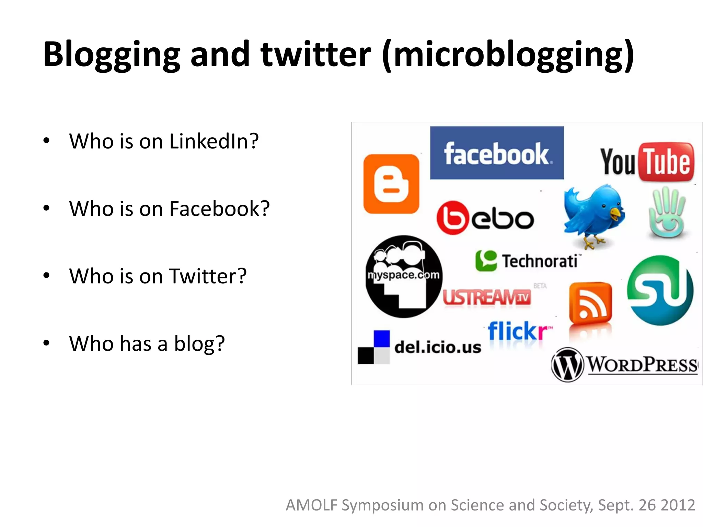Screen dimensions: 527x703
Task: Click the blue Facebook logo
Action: coord(497,153)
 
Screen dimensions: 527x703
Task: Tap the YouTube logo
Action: coord(647,162)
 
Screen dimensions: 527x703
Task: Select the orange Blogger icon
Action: coord(391,184)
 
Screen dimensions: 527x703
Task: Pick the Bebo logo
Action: coord(485,218)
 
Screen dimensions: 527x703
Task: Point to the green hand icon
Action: coord(667,213)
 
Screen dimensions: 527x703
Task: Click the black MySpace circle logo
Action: coord(404,277)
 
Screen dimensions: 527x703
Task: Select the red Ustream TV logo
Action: coord(487,297)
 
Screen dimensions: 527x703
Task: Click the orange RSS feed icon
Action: coord(590,303)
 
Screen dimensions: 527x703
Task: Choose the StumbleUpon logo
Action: coord(660,290)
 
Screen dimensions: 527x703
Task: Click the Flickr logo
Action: coord(519,331)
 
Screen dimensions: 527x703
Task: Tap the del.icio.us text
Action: coord(438,347)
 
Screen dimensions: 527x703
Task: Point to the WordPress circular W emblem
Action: coord(567,365)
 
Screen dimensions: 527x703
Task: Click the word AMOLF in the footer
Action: coord(312,505)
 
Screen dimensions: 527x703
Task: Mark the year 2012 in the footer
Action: coord(678,505)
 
